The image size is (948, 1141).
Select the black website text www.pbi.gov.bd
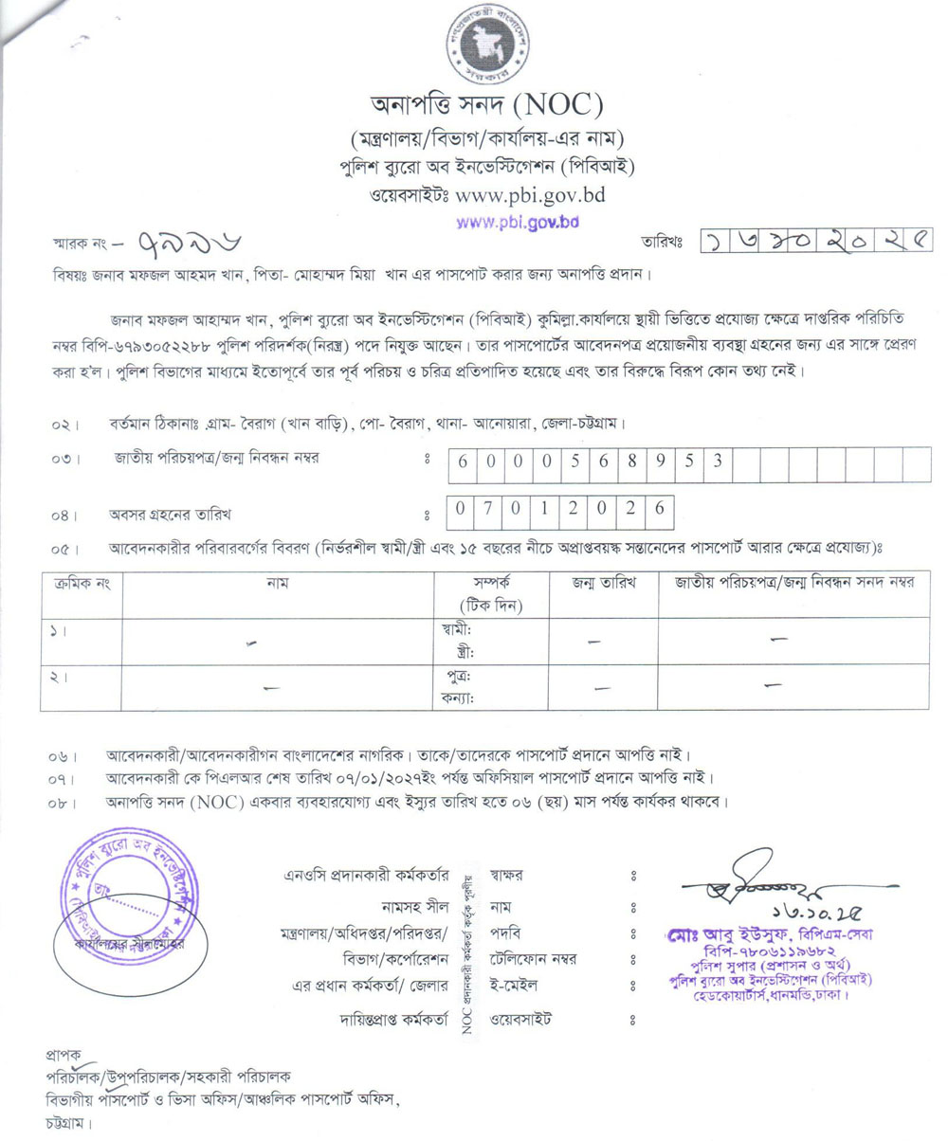pyautogui.click(x=530, y=197)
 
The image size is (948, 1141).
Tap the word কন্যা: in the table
pyautogui.click(x=458, y=697)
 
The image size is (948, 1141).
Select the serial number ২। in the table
pyautogui.click(x=57, y=679)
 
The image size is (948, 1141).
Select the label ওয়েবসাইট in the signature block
pyautogui.click(x=521, y=1020)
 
